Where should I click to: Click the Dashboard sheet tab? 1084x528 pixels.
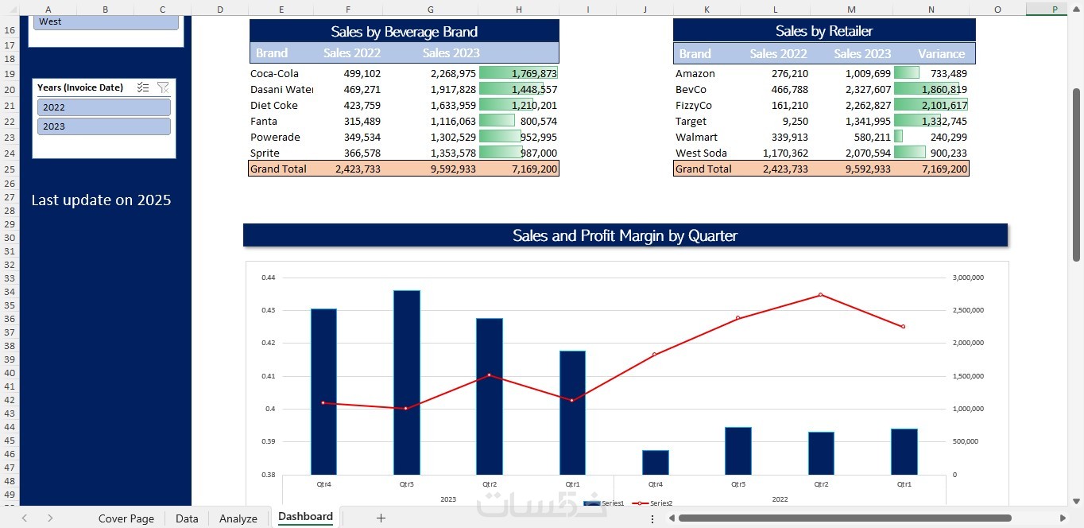[x=305, y=517]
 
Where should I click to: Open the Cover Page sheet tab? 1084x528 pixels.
[x=126, y=518]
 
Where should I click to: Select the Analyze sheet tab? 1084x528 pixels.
[x=238, y=518]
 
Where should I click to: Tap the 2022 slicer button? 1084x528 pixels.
[x=103, y=107]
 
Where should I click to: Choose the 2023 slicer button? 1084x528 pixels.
[x=103, y=126]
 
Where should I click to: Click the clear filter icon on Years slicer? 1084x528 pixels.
[x=163, y=87]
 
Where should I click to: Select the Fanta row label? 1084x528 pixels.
[x=264, y=121]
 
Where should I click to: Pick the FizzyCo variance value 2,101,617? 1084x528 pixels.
[x=944, y=105]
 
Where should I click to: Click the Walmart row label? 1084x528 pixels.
[x=696, y=137]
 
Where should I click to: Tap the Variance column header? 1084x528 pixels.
[x=941, y=53]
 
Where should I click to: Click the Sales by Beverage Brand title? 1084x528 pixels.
[x=404, y=32]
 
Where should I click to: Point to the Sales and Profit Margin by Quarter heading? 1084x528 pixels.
[x=625, y=235]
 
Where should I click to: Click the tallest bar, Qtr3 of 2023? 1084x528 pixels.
[x=406, y=382]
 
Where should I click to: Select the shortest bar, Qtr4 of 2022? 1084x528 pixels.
[x=656, y=462]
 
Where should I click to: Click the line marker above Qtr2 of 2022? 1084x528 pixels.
[x=821, y=295]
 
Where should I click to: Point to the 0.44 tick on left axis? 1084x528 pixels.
[x=268, y=278]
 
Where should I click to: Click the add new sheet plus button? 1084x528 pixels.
[x=381, y=518]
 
